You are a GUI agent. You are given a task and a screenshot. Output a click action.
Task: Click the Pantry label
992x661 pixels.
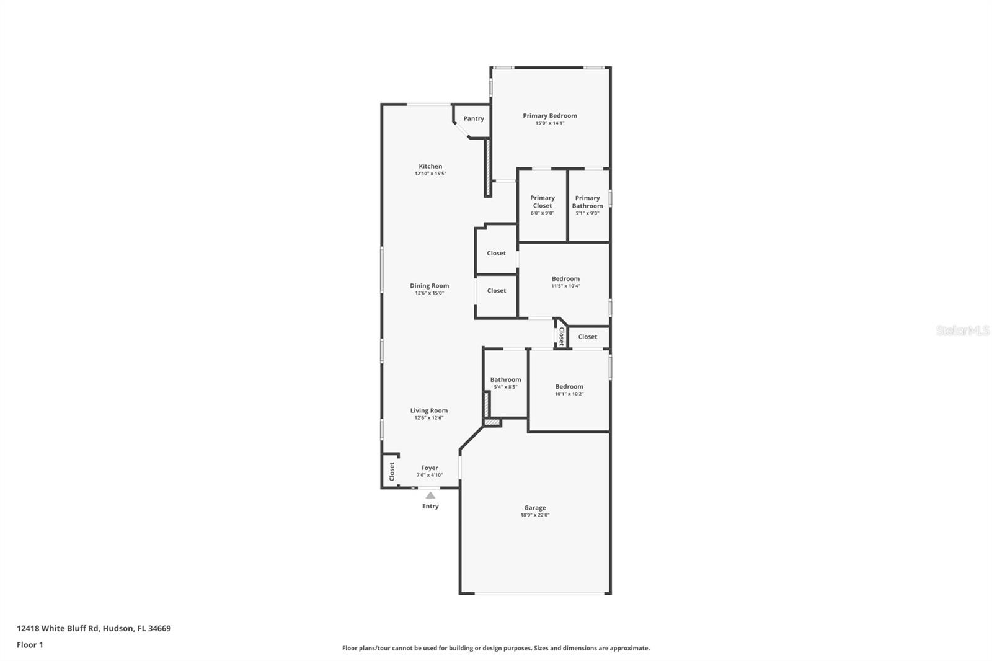pyautogui.click(x=474, y=118)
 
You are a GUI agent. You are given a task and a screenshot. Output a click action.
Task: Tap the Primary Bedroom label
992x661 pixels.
pyautogui.click(x=549, y=116)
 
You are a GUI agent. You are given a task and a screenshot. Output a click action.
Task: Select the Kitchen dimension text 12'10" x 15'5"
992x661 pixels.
pyautogui.click(x=430, y=174)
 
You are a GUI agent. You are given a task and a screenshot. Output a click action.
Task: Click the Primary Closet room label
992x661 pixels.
pyautogui.click(x=542, y=202)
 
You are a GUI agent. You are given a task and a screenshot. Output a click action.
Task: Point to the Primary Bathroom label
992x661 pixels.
pyautogui.click(x=587, y=202)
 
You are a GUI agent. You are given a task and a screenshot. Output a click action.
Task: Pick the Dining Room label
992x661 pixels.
pyautogui.click(x=429, y=286)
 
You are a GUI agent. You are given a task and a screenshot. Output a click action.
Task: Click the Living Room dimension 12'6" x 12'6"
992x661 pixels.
pyautogui.click(x=428, y=418)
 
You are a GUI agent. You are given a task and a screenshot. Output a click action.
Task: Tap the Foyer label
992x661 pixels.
pyautogui.click(x=430, y=468)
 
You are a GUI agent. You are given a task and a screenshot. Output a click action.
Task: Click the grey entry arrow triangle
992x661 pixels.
pyautogui.click(x=430, y=495)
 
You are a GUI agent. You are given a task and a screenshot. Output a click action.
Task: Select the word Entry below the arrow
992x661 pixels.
pyautogui.click(x=430, y=506)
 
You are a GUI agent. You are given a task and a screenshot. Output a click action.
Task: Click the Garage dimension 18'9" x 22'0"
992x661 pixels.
pyautogui.click(x=535, y=515)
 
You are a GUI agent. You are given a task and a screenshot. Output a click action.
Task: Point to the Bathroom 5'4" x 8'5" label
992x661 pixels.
pyautogui.click(x=505, y=383)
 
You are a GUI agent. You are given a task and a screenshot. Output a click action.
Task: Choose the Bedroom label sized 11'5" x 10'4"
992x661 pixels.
pyautogui.click(x=565, y=282)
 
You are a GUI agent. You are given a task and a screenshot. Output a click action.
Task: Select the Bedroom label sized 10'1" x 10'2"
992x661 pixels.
pyautogui.click(x=569, y=390)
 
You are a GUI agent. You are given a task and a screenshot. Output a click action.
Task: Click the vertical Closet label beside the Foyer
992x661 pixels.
pyautogui.click(x=391, y=471)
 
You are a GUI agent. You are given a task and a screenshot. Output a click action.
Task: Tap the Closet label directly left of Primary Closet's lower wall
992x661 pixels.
pyautogui.click(x=496, y=254)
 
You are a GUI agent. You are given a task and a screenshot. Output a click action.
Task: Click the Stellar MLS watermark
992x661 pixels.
pyautogui.click(x=963, y=331)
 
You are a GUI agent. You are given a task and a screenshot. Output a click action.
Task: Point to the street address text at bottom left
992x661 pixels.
pyautogui.click(x=94, y=628)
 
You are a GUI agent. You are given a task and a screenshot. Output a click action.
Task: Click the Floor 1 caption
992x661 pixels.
pyautogui.click(x=30, y=645)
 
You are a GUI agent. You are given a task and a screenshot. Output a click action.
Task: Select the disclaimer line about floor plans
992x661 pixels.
pyautogui.click(x=496, y=648)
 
